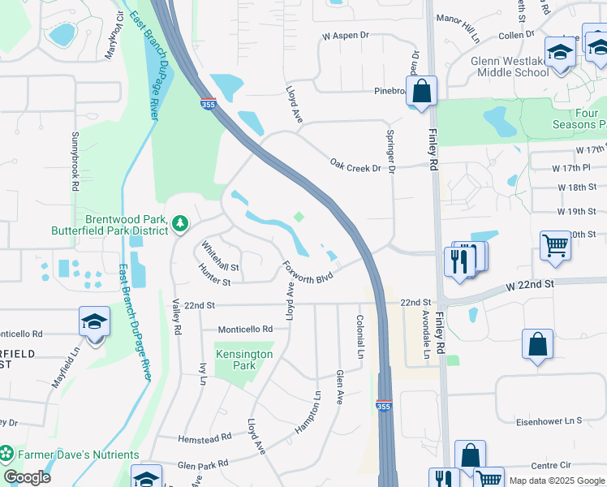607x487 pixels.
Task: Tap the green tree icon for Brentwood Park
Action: [x=179, y=222]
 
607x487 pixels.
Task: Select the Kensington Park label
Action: [x=244, y=360]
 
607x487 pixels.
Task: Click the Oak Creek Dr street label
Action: [x=355, y=165]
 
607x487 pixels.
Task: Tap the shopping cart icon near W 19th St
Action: [x=556, y=244]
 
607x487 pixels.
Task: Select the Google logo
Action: [x=27, y=477]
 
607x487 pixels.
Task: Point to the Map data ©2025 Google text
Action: [x=556, y=481]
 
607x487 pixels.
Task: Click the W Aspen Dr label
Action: [x=345, y=37]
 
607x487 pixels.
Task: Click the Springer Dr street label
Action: [x=390, y=152]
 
